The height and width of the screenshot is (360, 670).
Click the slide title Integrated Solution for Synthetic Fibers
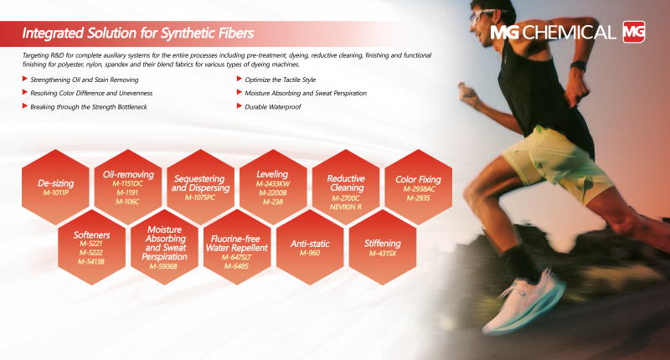coord(138,33)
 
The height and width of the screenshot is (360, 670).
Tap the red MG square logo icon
coord(634,32)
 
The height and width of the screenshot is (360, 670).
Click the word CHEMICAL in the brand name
coord(569,33)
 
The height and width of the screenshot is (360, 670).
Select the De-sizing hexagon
coord(55,187)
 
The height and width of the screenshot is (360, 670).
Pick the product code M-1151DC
coord(128,183)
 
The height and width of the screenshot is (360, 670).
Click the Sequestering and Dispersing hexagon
coord(200,187)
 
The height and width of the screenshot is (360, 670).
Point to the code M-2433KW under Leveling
coord(273,183)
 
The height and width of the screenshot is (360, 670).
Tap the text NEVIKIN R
coord(346,207)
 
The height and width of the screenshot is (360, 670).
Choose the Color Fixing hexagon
coord(418,187)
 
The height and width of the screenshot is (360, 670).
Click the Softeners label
coord(91,235)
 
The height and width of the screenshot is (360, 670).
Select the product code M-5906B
coord(163,266)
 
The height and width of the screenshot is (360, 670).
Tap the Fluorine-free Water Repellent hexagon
coord(237,247)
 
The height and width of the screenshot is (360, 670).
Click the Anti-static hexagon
coord(310,247)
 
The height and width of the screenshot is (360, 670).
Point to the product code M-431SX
coord(383,253)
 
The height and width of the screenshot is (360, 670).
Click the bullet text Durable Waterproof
coord(273,107)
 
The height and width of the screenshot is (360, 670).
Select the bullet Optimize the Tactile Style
coord(280,80)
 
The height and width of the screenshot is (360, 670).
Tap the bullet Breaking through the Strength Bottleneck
coord(89,107)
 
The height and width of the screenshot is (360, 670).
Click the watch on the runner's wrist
coord(579,66)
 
